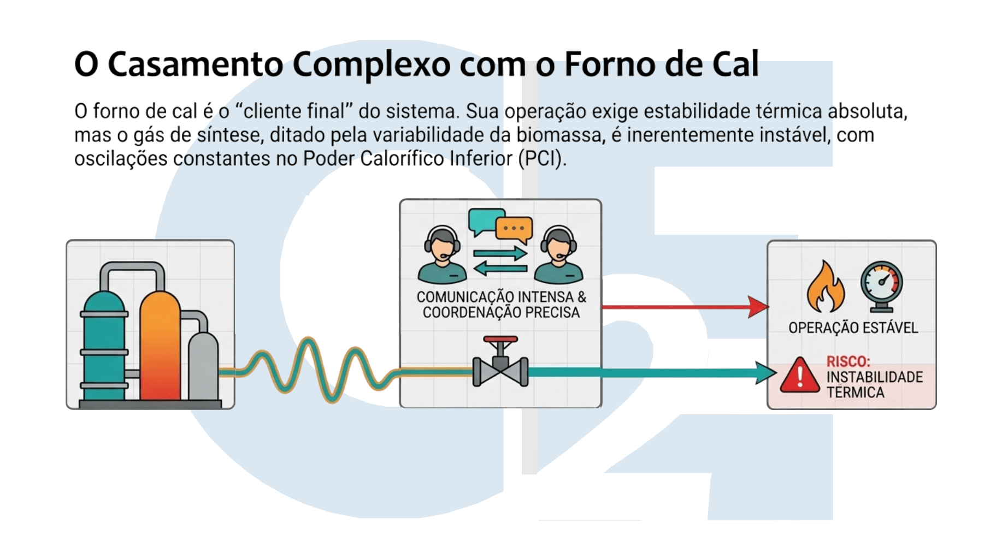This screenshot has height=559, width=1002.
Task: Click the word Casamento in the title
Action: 195,64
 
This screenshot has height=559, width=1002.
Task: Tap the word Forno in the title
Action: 606,64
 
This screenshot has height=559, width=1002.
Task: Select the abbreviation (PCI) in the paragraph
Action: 542,159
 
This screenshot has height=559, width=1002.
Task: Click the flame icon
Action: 825,288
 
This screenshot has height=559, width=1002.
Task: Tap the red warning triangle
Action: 799,377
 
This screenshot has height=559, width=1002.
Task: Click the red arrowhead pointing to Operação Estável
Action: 759,307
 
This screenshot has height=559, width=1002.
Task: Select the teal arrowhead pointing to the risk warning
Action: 766,373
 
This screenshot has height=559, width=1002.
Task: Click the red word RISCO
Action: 847,361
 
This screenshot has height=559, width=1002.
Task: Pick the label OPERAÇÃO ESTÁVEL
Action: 853,328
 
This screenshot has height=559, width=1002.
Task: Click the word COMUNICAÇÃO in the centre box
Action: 464,297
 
